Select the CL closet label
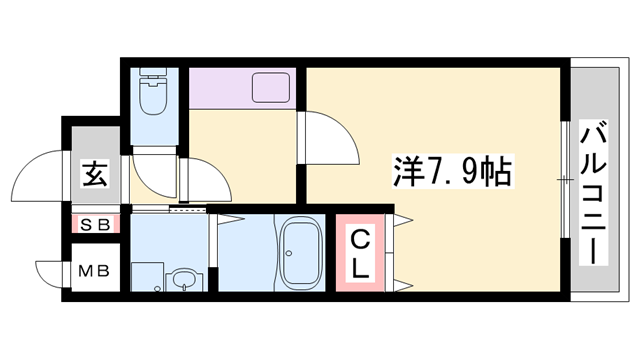pos(360,252)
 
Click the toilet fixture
pos(155,94)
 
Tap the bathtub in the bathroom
pos(298,253)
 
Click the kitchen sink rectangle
pos(271,88)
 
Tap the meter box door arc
pos(48,271)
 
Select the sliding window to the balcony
pos(565,180)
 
